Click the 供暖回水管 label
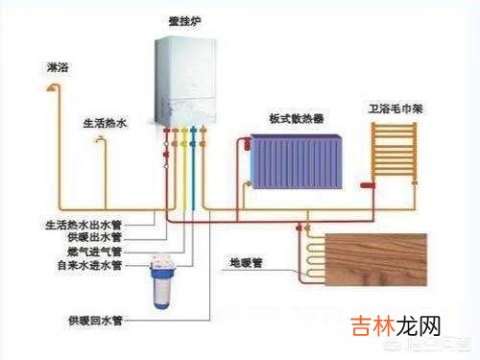click(94, 319)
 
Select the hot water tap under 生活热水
click(101, 142)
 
